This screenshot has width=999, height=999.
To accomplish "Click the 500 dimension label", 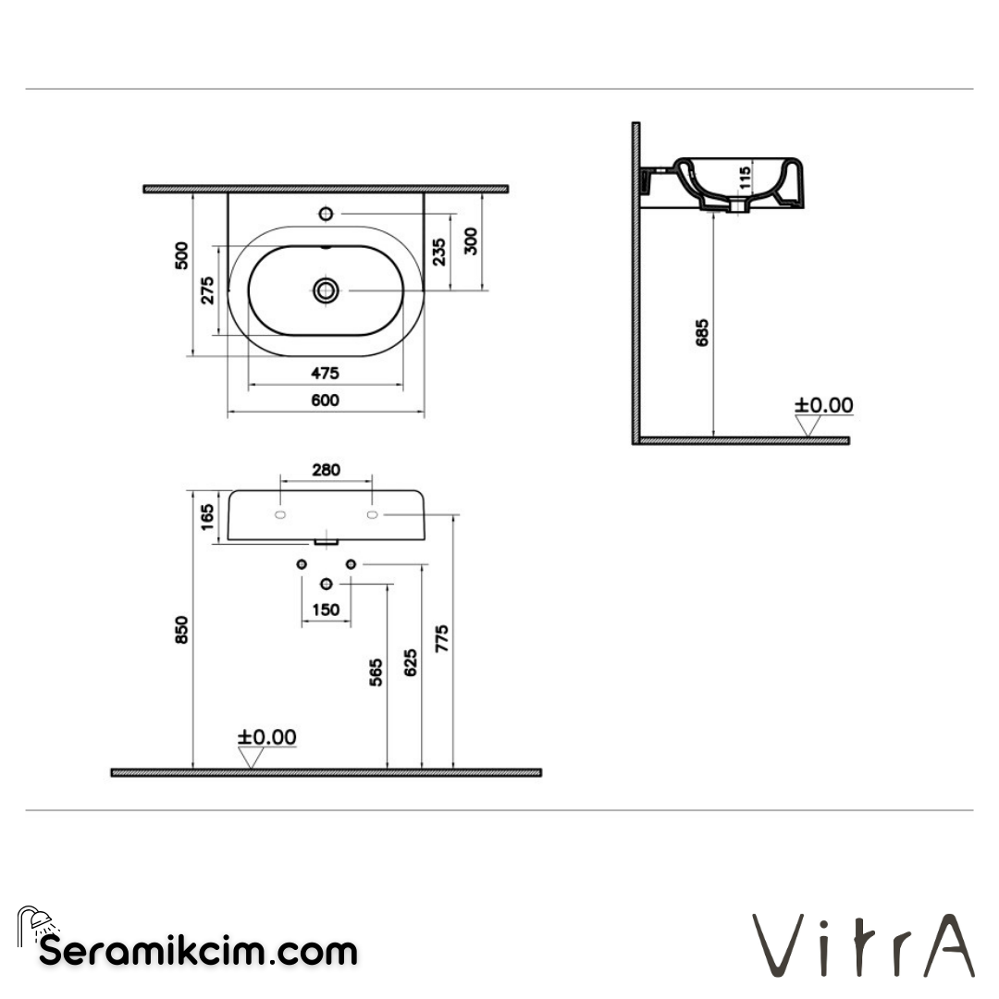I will (181, 255).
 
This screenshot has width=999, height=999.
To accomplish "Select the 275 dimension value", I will (208, 290).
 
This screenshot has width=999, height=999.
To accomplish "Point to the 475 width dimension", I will (325, 373).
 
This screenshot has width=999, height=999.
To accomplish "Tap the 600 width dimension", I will (325, 401).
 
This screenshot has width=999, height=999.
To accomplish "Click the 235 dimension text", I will (439, 252).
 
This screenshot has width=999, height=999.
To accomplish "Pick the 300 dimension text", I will (471, 240).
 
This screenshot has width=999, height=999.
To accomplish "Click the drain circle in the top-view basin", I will (325, 290).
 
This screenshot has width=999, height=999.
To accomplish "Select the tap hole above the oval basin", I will (325, 214).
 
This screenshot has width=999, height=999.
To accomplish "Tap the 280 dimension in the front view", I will (325, 470).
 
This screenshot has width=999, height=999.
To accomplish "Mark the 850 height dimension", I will (181, 631).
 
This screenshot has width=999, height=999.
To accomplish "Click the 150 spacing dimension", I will (325, 610).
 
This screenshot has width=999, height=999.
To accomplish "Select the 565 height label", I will (376, 672).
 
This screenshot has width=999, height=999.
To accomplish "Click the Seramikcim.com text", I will (197, 951).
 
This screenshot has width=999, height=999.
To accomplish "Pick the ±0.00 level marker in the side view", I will (823, 405).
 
